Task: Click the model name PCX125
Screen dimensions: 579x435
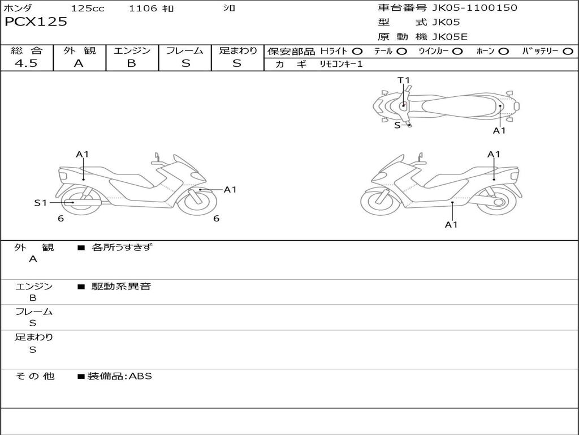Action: [36, 22]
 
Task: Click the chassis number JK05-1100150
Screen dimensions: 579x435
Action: [474, 8]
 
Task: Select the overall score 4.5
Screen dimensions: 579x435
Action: [26, 63]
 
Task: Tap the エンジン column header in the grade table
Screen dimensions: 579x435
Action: [132, 50]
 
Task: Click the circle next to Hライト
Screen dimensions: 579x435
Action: [357, 52]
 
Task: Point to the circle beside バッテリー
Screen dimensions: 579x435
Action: [568, 52]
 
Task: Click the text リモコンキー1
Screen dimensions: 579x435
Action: [341, 65]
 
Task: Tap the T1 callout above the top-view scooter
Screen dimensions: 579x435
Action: [404, 80]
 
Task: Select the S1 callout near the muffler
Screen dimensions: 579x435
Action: [41, 203]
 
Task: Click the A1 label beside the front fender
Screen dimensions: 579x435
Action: [230, 190]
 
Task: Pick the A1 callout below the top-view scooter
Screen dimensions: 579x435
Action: [499, 131]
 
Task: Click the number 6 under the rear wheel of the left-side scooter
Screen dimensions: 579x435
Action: [61, 219]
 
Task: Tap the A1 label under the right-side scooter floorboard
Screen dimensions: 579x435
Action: [451, 224]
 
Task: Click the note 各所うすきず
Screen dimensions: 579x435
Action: [122, 247]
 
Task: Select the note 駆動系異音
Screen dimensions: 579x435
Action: [122, 286]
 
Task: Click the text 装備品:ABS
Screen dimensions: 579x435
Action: [120, 376]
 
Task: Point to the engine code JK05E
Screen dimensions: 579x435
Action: [450, 37]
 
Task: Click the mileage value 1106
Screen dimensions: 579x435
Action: [143, 8]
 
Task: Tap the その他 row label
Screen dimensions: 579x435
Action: [34, 376]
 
